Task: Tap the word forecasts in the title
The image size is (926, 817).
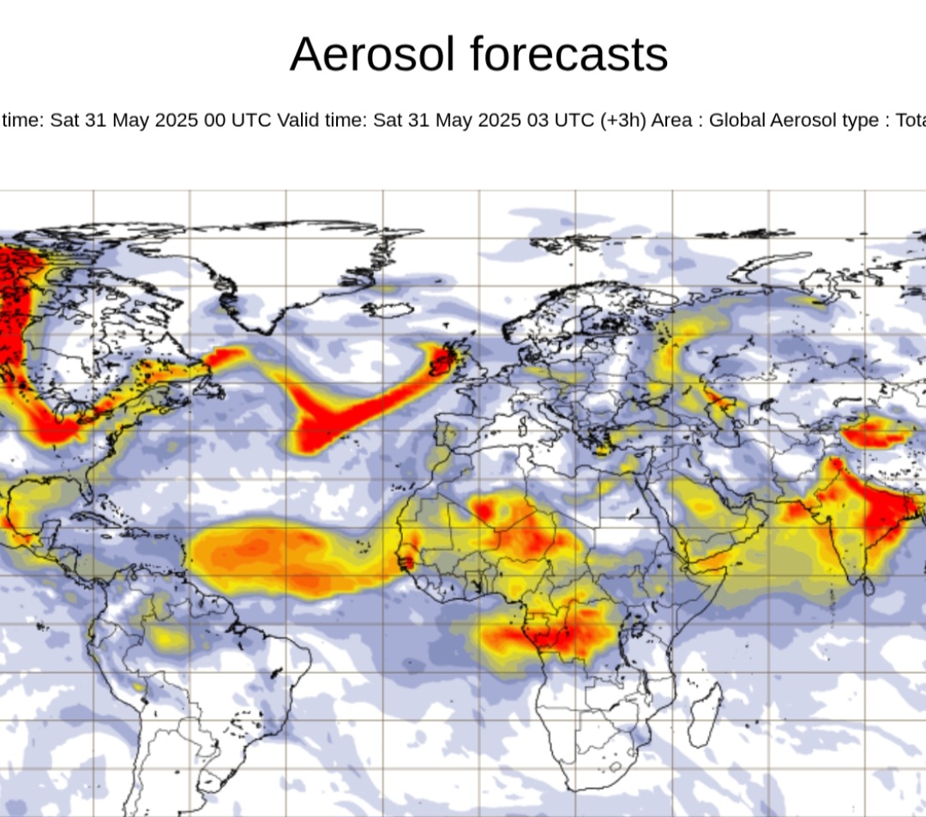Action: click(x=568, y=56)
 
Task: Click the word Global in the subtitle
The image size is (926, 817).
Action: click(x=737, y=120)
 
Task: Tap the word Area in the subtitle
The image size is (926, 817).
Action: click(x=674, y=120)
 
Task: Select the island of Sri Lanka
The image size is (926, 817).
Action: click(x=867, y=586)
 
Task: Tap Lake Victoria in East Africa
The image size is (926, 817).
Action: click(x=636, y=630)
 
